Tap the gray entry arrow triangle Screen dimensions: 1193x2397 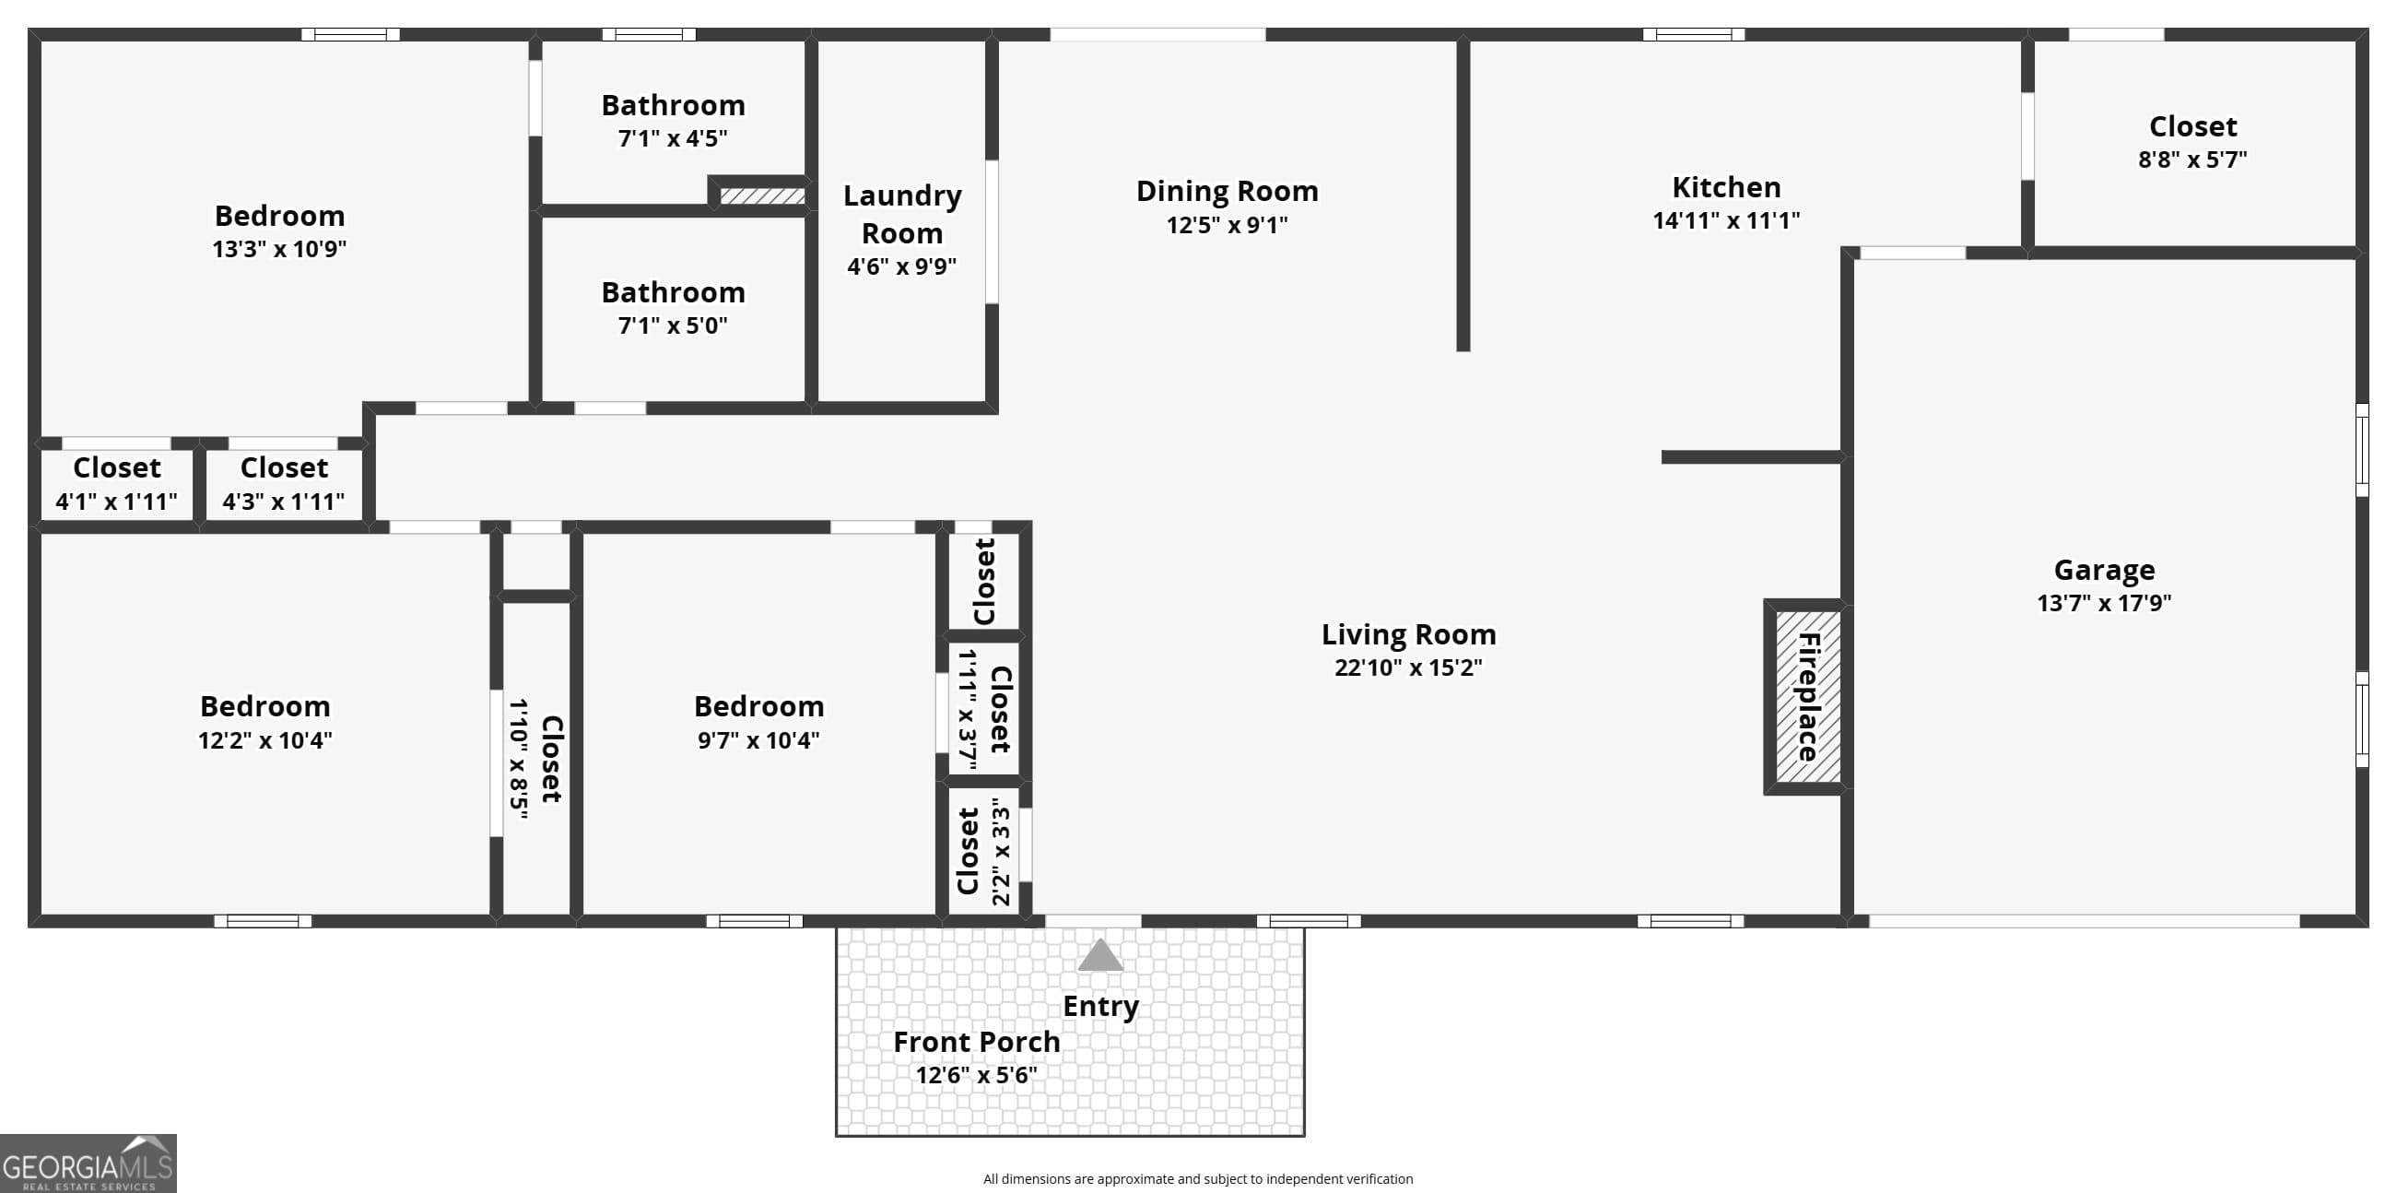[x=1099, y=957]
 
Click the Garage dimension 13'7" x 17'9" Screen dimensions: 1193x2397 [x=2103, y=603]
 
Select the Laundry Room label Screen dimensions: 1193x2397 [x=901, y=214]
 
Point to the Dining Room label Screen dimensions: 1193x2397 [x=1227, y=191]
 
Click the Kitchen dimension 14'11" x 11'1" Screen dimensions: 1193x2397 [x=1725, y=220]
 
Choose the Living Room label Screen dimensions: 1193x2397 [x=1408, y=634]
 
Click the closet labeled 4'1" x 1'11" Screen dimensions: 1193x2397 [x=116, y=484]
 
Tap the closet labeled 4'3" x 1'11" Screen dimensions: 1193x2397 [x=283, y=484]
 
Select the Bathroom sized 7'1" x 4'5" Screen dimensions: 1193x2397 [x=673, y=121]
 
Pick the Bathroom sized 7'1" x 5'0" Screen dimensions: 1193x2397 [x=673, y=308]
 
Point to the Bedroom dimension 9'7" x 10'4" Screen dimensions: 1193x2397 [x=758, y=740]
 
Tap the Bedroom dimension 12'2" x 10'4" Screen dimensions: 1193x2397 [x=265, y=740]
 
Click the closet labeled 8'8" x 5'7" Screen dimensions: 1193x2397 [x=2192, y=141]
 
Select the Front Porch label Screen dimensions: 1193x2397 [x=976, y=1042]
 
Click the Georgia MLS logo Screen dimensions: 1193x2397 [x=88, y=1163]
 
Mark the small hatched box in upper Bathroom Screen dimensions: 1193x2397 [x=762, y=196]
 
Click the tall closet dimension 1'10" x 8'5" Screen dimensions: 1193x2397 [x=518, y=759]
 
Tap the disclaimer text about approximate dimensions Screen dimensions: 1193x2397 [x=1197, y=1179]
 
